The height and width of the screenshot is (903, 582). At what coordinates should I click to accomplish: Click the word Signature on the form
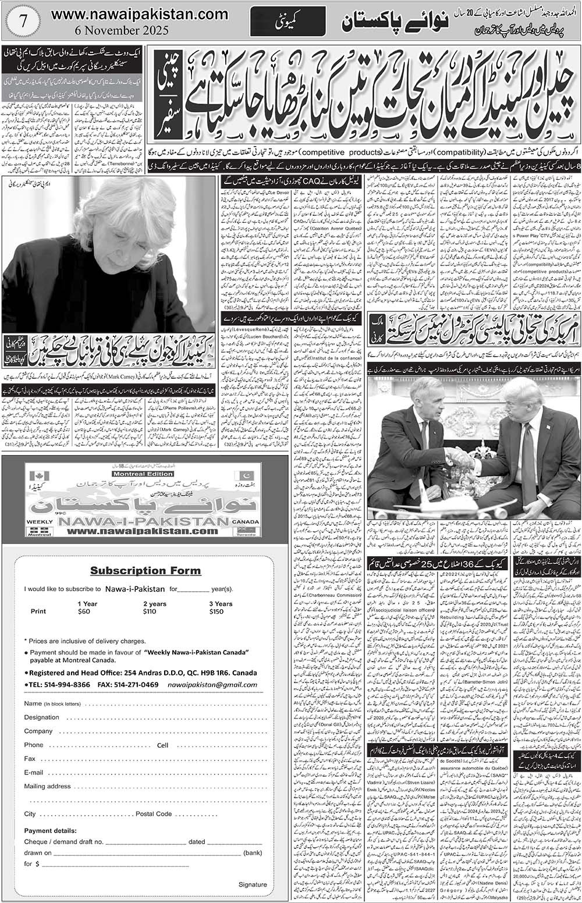[253, 884]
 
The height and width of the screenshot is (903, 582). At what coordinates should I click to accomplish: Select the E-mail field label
[34, 772]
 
